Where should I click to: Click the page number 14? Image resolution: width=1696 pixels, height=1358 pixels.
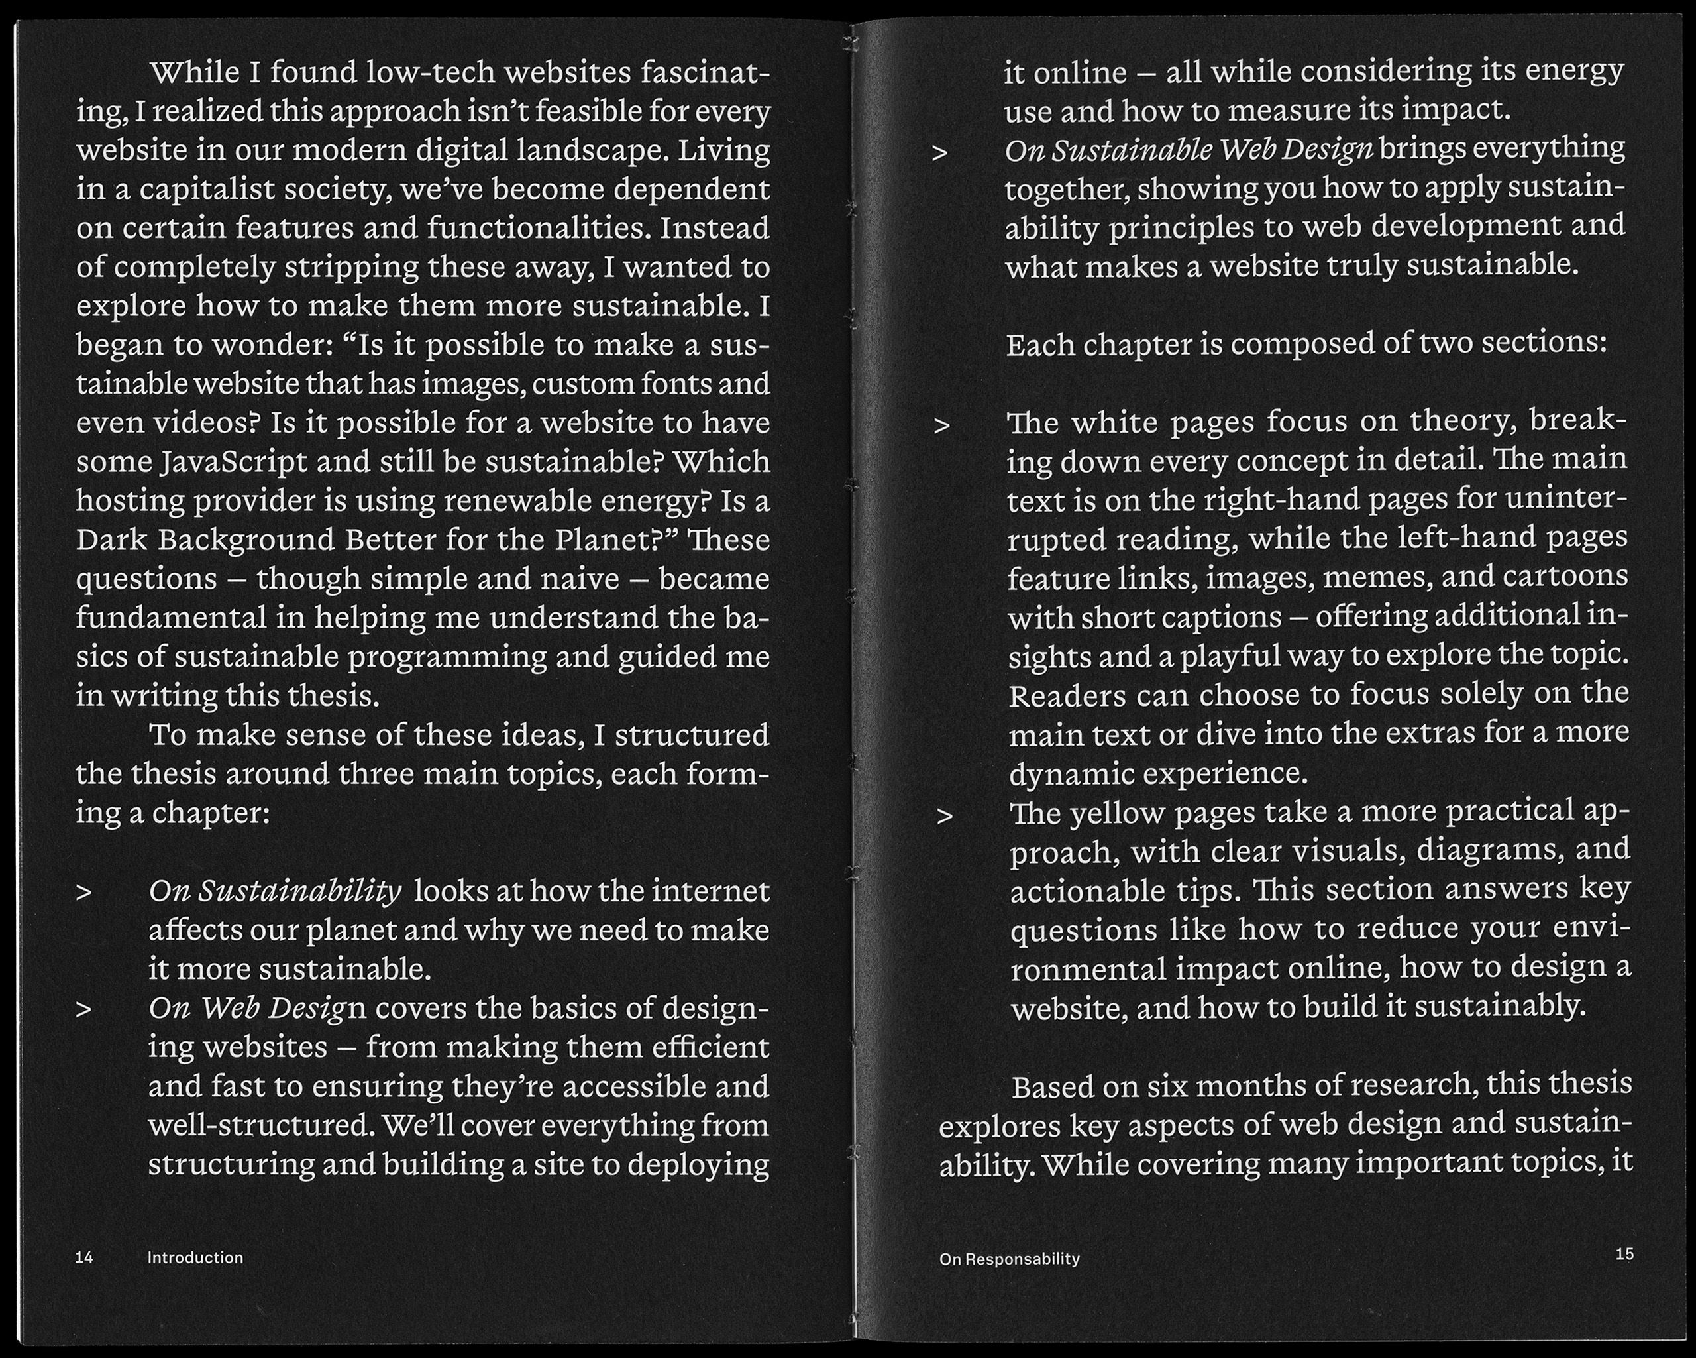(84, 1258)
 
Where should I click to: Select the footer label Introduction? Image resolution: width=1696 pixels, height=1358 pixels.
(195, 1258)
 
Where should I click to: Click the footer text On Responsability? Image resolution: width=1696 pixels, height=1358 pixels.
(1008, 1259)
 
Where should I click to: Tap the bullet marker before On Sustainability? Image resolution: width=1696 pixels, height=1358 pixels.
(83, 893)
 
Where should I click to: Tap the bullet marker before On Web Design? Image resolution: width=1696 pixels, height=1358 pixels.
(83, 1009)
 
